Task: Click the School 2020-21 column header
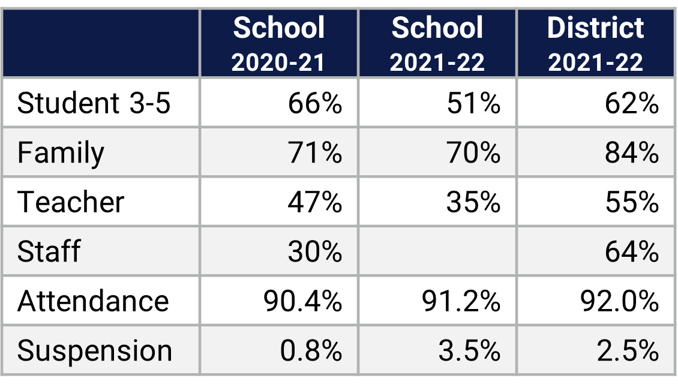click(279, 44)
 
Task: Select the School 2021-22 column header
click(437, 44)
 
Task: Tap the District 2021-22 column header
click(595, 44)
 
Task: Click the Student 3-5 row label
click(94, 103)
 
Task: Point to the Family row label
click(61, 152)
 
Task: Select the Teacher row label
click(71, 202)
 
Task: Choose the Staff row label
click(49, 251)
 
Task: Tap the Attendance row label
click(93, 301)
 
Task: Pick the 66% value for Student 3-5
click(314, 103)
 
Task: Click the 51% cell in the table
click(473, 103)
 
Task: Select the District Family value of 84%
click(632, 152)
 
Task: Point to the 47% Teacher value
click(314, 202)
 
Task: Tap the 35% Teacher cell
click(473, 202)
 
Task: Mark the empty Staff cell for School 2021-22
click(437, 251)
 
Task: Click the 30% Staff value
click(314, 251)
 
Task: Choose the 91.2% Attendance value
click(461, 301)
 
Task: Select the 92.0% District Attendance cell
click(619, 301)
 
